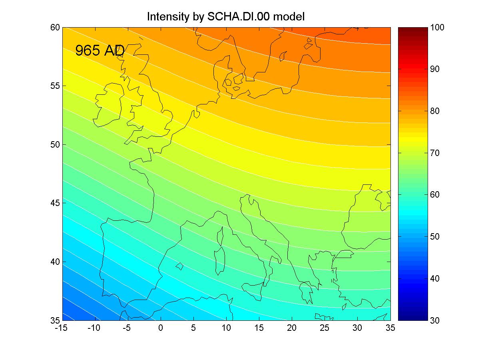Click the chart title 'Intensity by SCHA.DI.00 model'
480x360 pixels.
[225, 17]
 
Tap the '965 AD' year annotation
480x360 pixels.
[100, 50]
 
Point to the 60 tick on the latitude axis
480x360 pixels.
[55, 28]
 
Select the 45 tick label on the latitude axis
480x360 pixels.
[55, 203]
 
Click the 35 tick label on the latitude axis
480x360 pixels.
[55, 320]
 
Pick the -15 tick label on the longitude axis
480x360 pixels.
[61, 328]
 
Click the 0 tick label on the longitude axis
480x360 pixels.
[161, 328]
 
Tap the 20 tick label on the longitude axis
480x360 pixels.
[292, 328]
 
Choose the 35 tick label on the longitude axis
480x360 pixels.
[390, 328]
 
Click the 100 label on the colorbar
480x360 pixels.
[437, 28]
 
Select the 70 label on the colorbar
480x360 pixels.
[435, 153]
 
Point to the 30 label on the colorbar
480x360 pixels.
[435, 320]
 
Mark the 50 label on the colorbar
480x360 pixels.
[435, 236]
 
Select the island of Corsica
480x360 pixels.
[220, 236]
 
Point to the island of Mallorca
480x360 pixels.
[180, 266]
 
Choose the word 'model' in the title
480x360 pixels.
[289, 17]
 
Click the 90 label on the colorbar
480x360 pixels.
[435, 69]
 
